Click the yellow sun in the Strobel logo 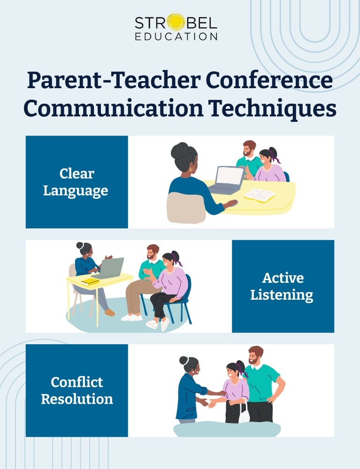point(176,22)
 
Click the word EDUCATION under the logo point(176,36)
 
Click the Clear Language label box point(77,182)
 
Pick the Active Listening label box point(283,286)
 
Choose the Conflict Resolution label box point(77,390)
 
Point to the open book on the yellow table point(260,195)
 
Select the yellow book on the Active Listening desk point(90,281)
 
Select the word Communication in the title point(113,108)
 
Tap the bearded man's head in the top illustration point(249,149)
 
